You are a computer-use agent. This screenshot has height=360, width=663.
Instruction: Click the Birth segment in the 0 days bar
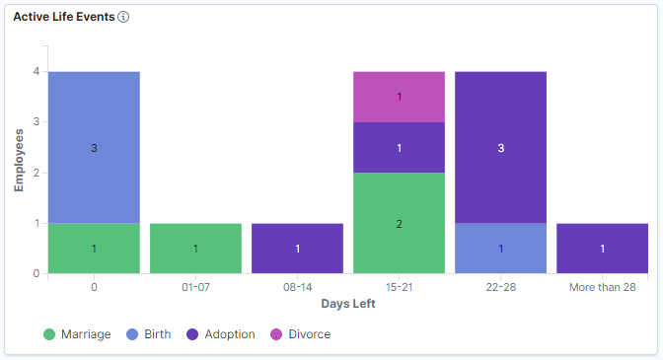94,147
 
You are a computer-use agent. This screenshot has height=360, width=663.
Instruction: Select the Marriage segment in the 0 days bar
94,249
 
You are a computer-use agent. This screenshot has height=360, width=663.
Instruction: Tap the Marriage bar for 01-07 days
195,249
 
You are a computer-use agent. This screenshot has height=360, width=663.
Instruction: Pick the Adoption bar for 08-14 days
297,249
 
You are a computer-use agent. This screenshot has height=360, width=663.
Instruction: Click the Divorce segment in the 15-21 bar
399,97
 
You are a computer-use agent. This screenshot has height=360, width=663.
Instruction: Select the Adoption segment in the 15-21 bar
399,147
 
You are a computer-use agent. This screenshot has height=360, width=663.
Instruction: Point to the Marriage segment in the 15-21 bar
399,223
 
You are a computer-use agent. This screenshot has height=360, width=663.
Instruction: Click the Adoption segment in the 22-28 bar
500,147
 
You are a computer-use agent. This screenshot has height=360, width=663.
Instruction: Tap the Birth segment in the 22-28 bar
500,249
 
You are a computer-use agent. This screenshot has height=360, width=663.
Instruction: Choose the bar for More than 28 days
602,249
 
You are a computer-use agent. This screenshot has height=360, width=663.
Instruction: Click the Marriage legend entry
78,334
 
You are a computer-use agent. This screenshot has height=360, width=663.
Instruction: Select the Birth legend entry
150,334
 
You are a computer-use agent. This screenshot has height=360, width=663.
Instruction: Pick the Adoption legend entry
223,334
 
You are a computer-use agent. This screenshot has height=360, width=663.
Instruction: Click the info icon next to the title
123,18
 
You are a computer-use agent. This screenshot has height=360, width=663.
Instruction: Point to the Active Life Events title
64,18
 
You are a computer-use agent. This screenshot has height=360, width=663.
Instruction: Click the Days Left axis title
347,303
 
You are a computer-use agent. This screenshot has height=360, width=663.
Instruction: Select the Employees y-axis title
19,159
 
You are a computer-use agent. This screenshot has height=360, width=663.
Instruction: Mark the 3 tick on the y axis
36,122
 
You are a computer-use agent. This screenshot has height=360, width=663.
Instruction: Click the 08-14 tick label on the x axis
297,287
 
